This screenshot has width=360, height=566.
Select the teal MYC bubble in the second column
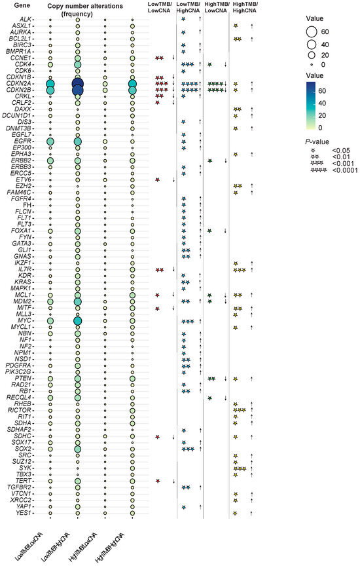coord(78,321)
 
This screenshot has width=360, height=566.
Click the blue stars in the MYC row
coord(188,321)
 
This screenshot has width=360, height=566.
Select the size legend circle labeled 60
coord(311,31)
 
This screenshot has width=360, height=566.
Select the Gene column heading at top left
coord(13,5)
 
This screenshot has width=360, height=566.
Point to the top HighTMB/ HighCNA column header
coord(243,7)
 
